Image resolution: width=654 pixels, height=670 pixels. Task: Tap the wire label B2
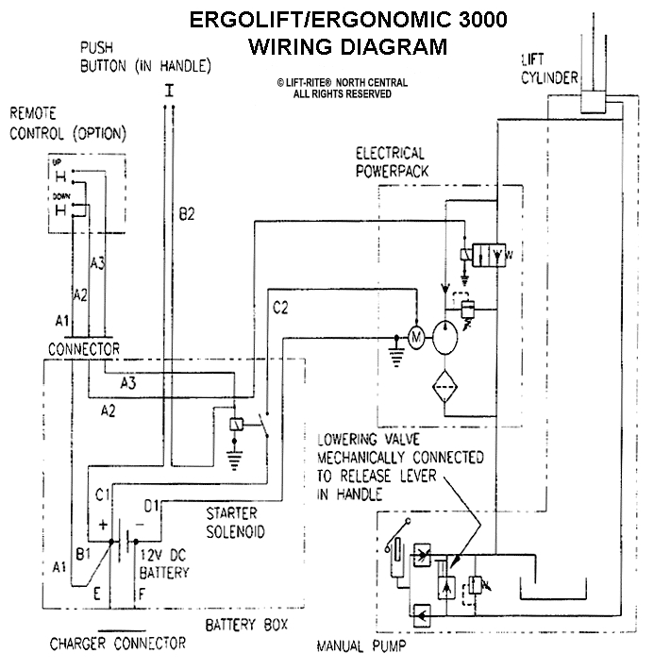pos(186,215)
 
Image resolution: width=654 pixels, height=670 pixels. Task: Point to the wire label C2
pos(281,306)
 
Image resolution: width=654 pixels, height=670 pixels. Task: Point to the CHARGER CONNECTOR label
pos(118,644)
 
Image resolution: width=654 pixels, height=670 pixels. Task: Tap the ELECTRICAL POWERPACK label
pos(391,161)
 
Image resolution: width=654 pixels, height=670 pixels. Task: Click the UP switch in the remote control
pos(59,176)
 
